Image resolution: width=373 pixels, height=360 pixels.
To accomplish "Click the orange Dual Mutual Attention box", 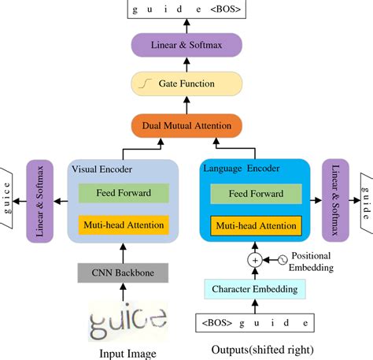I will coord(186,124).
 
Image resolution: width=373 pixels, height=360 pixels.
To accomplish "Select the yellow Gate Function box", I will coord(186,83).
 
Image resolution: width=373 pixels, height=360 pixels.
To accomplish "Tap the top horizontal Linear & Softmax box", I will coord(186,44).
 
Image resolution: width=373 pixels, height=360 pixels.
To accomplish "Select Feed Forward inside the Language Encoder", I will coord(255,193).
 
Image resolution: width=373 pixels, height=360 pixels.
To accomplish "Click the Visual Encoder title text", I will coord(103,168).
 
